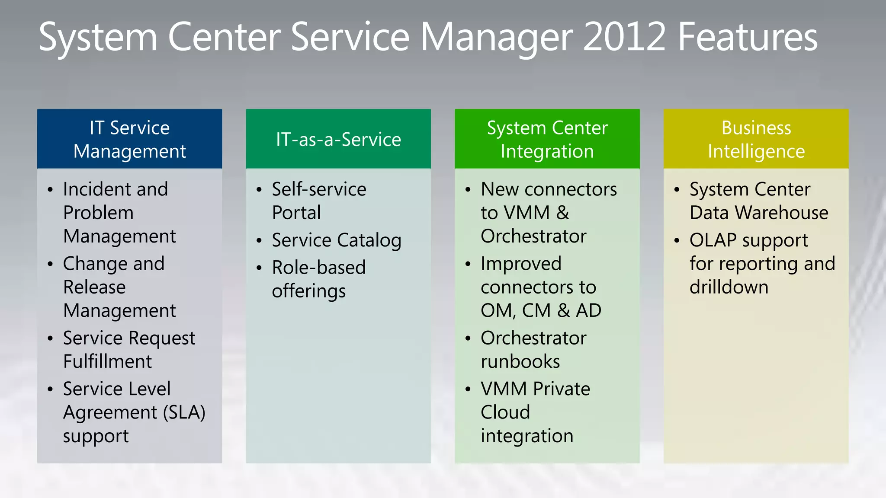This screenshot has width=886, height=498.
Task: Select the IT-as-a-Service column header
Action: [x=338, y=139]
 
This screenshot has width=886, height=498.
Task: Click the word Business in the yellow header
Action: [x=756, y=128]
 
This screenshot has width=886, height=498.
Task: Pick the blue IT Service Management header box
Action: [x=129, y=139]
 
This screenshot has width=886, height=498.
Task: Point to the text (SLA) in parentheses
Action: [x=184, y=412]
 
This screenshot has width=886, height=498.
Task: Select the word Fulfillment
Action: [x=107, y=361]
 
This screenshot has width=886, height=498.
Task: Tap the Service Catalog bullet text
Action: [x=337, y=240]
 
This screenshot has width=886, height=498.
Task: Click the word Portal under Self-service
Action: [x=296, y=213]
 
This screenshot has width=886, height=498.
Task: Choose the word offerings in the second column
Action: [x=308, y=291]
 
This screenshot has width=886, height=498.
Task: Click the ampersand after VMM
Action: [x=562, y=213]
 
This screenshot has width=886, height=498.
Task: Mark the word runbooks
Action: [x=520, y=361]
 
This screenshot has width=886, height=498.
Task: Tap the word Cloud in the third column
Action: [x=505, y=412]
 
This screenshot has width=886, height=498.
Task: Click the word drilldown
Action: [x=729, y=287]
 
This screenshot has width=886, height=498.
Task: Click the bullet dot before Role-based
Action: [x=259, y=268]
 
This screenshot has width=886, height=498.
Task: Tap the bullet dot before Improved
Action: [x=468, y=264]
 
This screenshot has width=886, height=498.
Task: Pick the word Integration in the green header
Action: [x=547, y=151]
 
